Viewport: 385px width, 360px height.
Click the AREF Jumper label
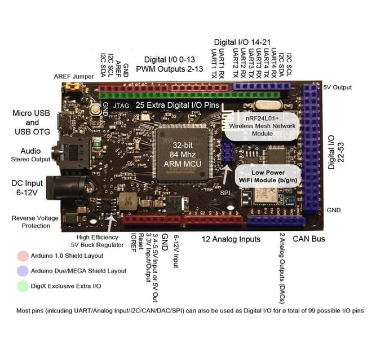(74, 76)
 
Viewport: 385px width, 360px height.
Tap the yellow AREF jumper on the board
(72, 86)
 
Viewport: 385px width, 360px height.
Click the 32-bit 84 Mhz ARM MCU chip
(182, 154)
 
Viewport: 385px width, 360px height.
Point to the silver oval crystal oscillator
(268, 105)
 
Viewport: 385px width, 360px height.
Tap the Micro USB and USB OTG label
(32, 122)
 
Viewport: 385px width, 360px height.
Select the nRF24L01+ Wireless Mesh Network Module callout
(262, 126)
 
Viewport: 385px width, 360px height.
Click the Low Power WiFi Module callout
(268, 176)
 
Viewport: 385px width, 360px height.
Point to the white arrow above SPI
(226, 174)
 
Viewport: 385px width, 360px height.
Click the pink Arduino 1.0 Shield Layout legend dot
(23, 256)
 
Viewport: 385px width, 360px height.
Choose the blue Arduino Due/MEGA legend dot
(23, 271)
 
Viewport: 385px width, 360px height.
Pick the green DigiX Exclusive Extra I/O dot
(23, 286)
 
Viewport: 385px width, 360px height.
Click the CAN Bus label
(309, 239)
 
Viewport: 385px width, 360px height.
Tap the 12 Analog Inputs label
(231, 239)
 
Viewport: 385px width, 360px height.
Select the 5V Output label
(337, 87)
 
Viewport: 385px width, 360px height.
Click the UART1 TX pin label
(214, 63)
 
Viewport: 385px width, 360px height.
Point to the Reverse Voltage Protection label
(35, 222)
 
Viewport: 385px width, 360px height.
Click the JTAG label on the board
(121, 106)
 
